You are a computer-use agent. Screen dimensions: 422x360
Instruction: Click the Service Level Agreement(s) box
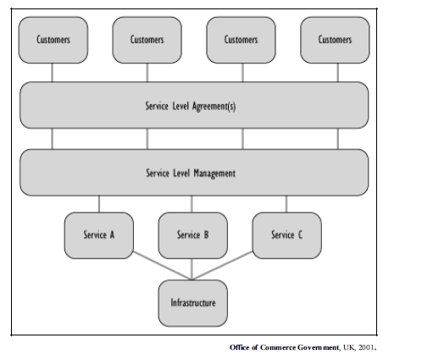[x=194, y=105]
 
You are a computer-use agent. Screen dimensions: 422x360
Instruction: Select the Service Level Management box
[x=194, y=173]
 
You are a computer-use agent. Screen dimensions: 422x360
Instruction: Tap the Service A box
[x=99, y=235]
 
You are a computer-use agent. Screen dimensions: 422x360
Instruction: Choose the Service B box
[x=193, y=235]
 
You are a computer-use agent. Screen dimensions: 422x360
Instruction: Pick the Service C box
[x=287, y=235]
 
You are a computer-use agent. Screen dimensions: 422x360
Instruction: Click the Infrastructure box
[x=193, y=303]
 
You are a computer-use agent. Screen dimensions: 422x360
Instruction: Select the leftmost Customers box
[x=53, y=40]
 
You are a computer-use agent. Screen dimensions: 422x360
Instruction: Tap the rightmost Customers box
[x=335, y=40]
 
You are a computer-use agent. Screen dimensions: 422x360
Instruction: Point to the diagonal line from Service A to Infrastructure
[x=163, y=265]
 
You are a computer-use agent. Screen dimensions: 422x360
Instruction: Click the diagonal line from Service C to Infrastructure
[x=223, y=265]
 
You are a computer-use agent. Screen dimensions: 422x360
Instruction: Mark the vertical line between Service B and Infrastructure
[x=192, y=269]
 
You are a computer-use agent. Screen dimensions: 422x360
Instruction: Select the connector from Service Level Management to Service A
[x=99, y=204]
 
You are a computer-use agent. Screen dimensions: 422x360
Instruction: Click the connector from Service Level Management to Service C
[x=286, y=204]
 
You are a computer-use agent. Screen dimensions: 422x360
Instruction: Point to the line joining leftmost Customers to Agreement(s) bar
[x=52, y=73]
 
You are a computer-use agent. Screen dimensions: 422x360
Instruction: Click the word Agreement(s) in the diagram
[x=214, y=107]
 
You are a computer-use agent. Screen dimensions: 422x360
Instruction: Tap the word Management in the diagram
[x=214, y=174]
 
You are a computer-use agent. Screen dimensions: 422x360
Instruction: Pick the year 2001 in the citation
[x=366, y=347]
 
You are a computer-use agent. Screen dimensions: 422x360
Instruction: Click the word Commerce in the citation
[x=277, y=347]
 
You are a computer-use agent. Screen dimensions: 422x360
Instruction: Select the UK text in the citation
[x=348, y=347]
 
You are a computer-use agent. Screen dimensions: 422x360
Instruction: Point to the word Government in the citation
[x=318, y=347]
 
